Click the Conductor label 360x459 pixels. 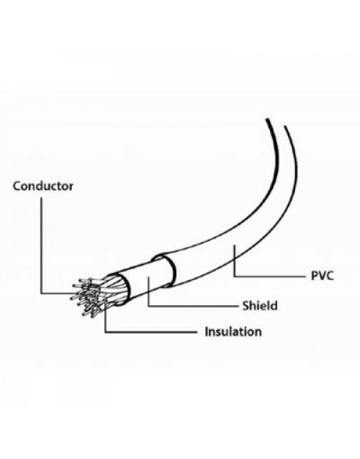tap(43, 186)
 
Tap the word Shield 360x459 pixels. tap(260, 306)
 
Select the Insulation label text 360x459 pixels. tap(233, 332)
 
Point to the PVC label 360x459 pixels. tap(323, 276)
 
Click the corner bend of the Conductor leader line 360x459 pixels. tap(41, 294)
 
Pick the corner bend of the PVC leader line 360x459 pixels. tap(234, 276)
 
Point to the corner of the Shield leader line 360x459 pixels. tap(148, 306)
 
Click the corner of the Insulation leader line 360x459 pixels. tap(105, 332)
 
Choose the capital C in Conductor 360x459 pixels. tap(17, 186)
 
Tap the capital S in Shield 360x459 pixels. tap(246, 306)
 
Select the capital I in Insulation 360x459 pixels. tap(206, 332)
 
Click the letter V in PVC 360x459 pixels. tap(322, 276)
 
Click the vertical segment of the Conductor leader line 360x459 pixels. tap(41, 245)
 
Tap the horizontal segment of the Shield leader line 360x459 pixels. tap(193, 306)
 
